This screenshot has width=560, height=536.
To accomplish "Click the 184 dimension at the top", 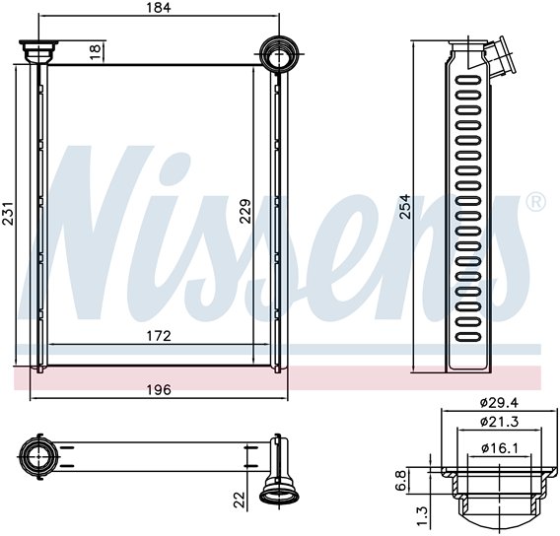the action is pos(159,8).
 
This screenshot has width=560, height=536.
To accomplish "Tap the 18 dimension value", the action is pos(96,52).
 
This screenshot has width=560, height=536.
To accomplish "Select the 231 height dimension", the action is pos(8,214).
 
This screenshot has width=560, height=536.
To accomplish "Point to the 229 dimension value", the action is pos(245,211).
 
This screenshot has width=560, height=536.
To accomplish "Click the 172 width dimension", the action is pos(159,336).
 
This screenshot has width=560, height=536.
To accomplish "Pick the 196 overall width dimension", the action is pos(159,390).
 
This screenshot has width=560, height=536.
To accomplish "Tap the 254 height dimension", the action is pos(405,207).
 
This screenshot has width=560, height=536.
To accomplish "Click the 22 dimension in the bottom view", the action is pos(240,500).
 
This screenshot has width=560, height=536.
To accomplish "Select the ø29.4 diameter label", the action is pos(499,403).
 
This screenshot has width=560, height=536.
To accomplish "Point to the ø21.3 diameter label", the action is pos(499,422).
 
